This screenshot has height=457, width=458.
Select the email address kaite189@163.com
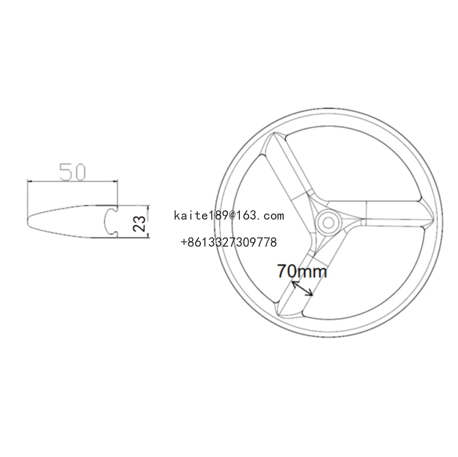(229, 216)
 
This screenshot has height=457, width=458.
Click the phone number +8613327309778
(229, 242)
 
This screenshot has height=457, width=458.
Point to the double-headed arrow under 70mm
(302, 288)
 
